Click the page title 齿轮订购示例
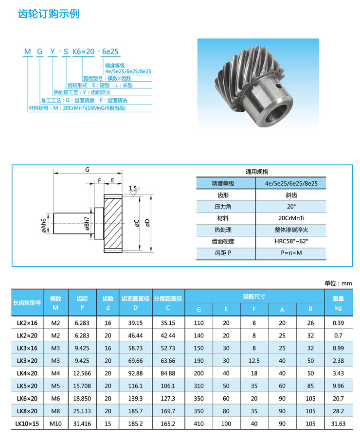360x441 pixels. point(49,14)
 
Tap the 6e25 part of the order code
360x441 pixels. point(110,52)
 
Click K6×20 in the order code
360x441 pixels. point(83,52)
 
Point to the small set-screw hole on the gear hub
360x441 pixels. point(278,86)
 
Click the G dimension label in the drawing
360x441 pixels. point(87,170)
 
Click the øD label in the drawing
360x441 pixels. point(147,223)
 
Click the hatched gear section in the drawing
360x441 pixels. point(113,223)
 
